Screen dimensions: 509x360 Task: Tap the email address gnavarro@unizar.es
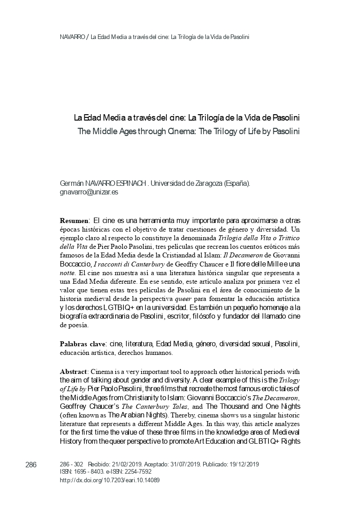click(89, 192)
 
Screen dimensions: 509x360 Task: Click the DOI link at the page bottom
click(110, 480)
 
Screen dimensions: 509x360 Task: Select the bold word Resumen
click(74, 220)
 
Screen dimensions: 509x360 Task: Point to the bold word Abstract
click(74, 372)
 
